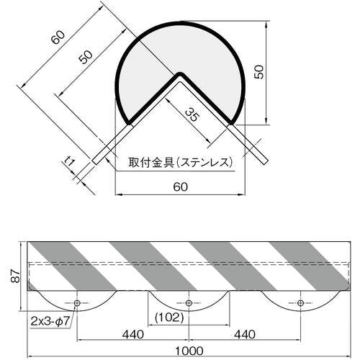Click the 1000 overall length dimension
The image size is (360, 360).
(x=189, y=351)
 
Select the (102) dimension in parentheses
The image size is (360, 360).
(x=169, y=318)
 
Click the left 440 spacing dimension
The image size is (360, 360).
(x=133, y=334)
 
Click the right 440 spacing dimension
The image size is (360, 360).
(x=245, y=334)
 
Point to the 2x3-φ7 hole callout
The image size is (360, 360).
(x=50, y=321)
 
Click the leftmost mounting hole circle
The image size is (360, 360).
(x=77, y=303)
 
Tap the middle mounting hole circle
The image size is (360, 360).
(x=189, y=303)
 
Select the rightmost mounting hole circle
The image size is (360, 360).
(x=300, y=303)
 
